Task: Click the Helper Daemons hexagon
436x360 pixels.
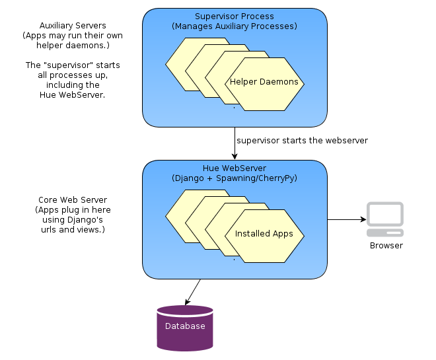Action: [264, 83]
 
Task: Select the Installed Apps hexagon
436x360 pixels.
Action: [264, 234]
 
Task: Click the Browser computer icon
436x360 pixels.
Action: [385, 219]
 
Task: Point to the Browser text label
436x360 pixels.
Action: [386, 246]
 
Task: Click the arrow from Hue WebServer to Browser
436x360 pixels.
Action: [347, 219]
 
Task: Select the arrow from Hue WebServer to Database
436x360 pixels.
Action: [193, 291]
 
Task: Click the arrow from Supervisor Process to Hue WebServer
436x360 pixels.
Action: [235, 143]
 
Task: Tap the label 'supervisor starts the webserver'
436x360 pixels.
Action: [302, 141]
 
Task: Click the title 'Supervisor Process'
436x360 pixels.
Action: [235, 17]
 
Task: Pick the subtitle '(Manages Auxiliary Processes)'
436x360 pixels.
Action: [235, 26]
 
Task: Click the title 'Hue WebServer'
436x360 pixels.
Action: [235, 168]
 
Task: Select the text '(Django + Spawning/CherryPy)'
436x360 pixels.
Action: [235, 178]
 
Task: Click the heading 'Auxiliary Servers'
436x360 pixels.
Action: [73, 25]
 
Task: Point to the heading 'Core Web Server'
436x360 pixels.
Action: [73, 200]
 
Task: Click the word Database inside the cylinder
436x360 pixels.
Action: [185, 326]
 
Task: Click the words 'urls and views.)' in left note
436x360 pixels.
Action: [73, 230]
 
